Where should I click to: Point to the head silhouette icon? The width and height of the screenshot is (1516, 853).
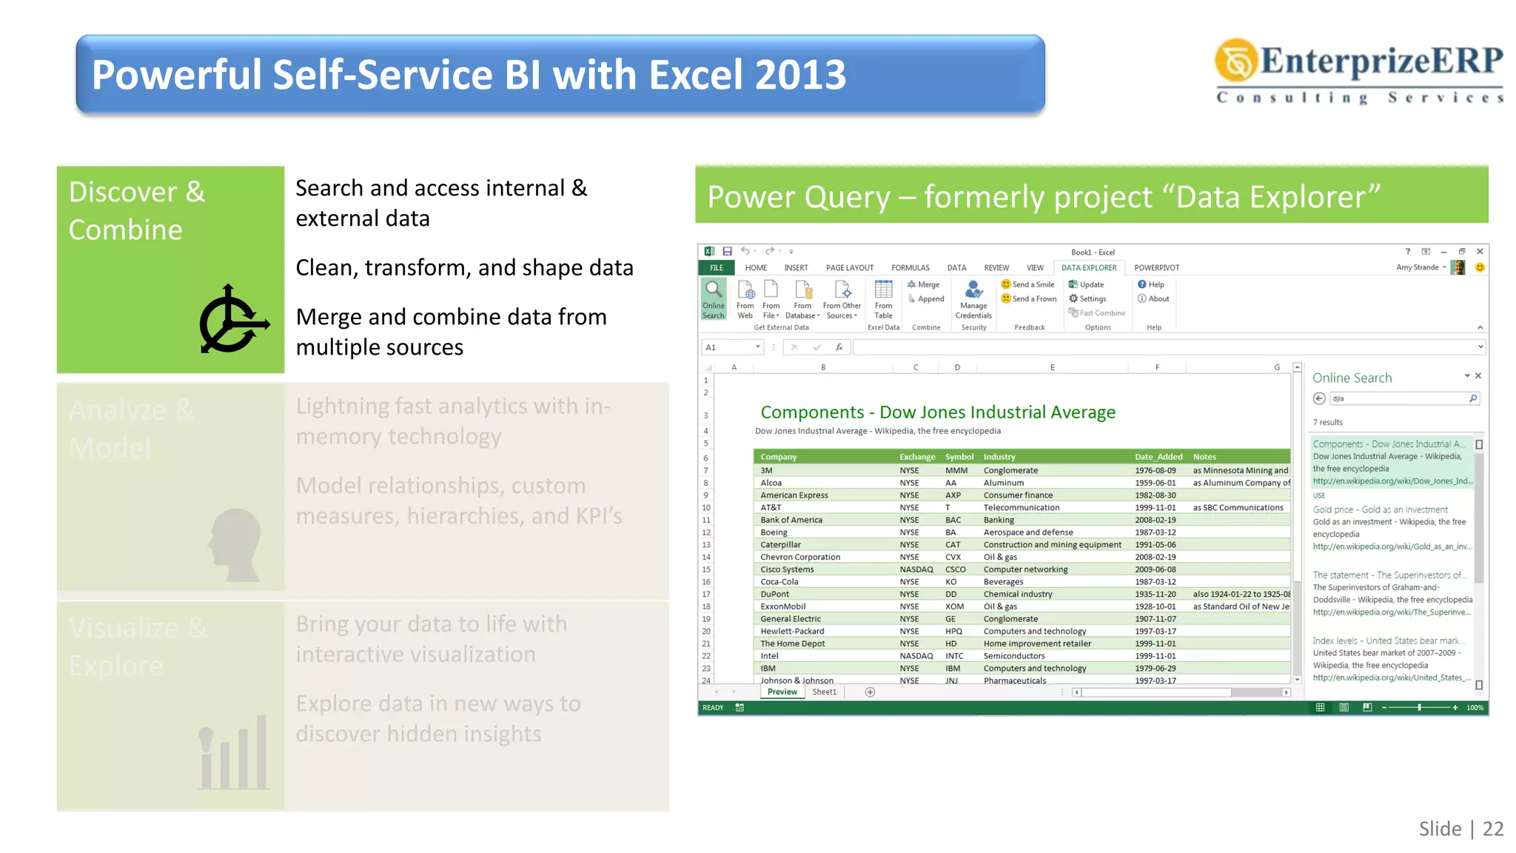(235, 544)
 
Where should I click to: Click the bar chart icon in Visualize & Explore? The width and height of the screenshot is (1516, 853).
(233, 752)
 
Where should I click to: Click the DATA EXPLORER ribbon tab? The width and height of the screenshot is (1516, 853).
(1088, 267)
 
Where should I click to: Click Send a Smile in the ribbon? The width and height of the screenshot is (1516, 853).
(1028, 284)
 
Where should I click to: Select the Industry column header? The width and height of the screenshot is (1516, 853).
(999, 457)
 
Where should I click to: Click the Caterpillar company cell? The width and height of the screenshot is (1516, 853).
(780, 544)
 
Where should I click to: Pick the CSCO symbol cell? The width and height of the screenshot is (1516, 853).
(955, 569)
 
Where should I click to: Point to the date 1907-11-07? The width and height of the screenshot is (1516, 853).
(1155, 619)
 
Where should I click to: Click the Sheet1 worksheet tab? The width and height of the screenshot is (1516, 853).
(824, 692)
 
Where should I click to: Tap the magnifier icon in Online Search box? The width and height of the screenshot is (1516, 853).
(1473, 398)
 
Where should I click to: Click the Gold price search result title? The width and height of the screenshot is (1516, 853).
(1380, 509)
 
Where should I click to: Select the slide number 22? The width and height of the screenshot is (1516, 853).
(1493, 829)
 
